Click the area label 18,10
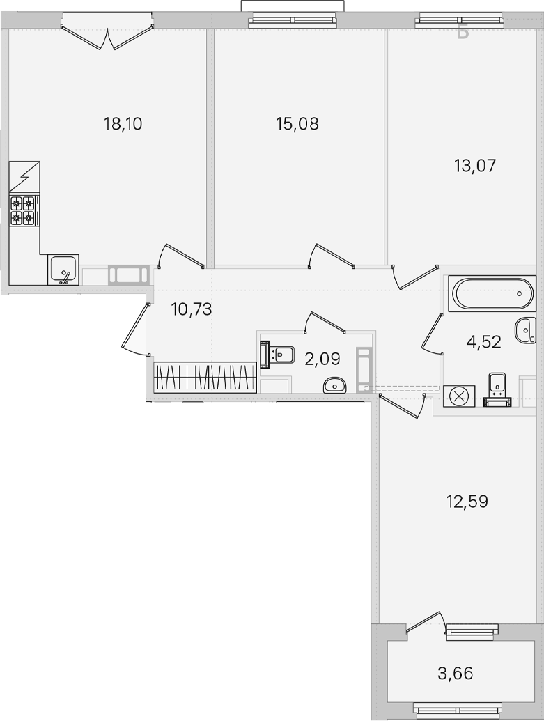point(123,124)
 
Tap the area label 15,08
point(297,124)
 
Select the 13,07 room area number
point(475,165)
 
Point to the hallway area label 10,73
point(192,309)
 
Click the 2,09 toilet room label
point(322,359)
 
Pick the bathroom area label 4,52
point(483,341)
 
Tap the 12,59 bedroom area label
point(467,501)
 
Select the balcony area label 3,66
point(456,674)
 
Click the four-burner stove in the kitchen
point(24,210)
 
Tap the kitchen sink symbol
point(63,270)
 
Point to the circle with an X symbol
point(458,396)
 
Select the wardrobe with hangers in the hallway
point(205,378)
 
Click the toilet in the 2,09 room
point(277,355)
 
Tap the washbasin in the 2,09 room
point(335,385)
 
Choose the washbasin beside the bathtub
point(526,330)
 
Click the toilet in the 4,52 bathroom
point(497,390)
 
